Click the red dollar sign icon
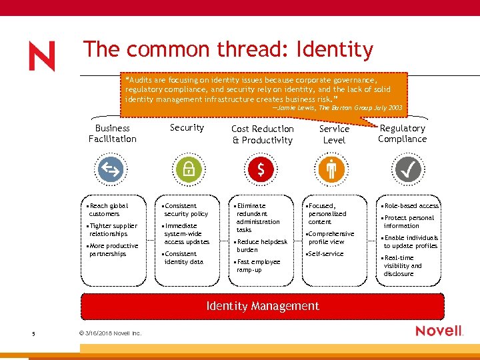(x=261, y=171)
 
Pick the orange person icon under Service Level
(x=331, y=170)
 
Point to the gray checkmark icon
(x=407, y=170)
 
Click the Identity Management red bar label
(x=263, y=306)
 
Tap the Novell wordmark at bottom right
(x=439, y=331)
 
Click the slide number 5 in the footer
(x=33, y=334)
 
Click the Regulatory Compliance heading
(x=402, y=133)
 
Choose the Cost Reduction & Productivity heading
(x=262, y=134)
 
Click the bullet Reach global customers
(x=108, y=210)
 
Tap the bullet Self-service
(x=325, y=254)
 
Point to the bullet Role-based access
(x=411, y=206)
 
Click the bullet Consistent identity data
(x=183, y=258)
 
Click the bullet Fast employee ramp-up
(x=258, y=266)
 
